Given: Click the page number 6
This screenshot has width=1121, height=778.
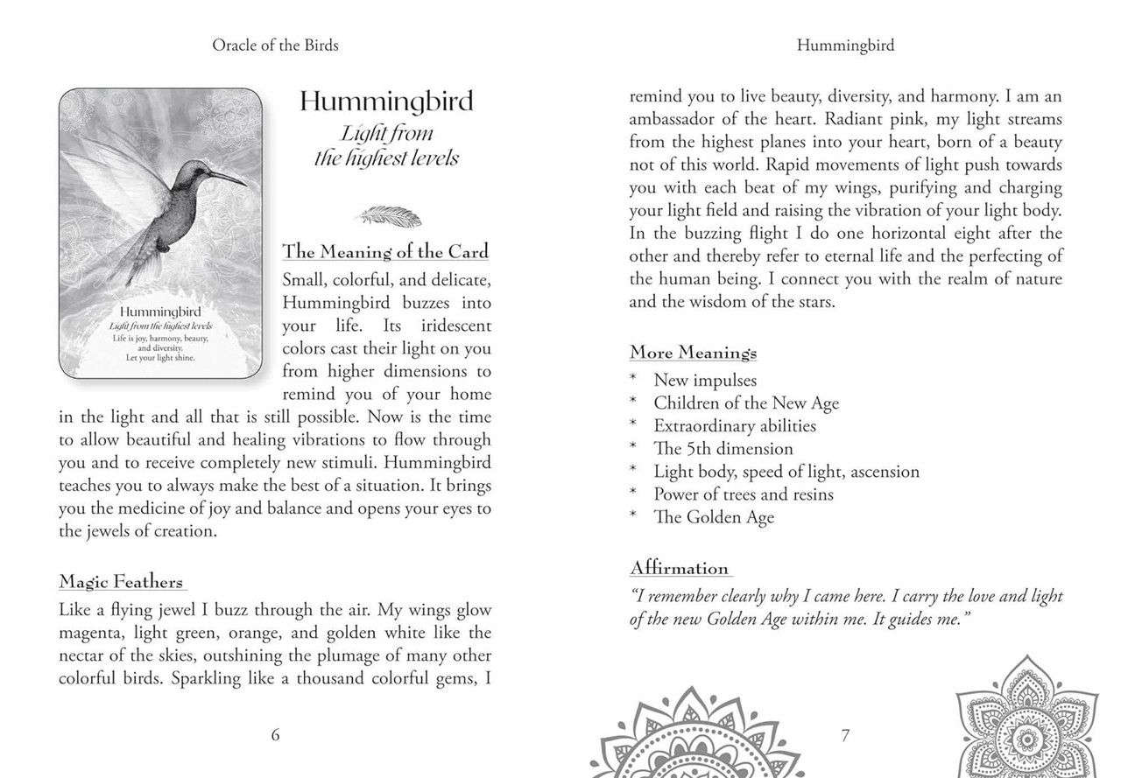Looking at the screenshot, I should click(x=276, y=735).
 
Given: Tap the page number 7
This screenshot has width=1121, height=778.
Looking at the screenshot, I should click(x=845, y=735).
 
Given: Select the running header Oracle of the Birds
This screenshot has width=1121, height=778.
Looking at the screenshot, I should click(x=275, y=46).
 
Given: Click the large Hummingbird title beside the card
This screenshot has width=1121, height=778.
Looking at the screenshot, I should click(x=386, y=102).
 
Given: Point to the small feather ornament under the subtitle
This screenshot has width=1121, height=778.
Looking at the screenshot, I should click(x=385, y=214).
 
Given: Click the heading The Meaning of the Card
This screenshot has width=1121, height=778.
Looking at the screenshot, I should click(x=385, y=252).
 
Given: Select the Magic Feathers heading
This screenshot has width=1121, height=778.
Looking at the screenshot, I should click(x=122, y=582).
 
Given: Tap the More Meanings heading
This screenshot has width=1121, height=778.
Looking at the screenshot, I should click(x=694, y=353).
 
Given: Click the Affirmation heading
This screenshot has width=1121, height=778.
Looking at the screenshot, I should click(x=680, y=568).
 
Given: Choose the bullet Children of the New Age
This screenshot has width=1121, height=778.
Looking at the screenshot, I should click(x=746, y=403).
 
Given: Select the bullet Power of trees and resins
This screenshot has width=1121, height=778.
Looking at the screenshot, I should click(x=744, y=494).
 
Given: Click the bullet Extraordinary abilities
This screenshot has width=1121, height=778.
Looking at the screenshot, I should click(x=735, y=426).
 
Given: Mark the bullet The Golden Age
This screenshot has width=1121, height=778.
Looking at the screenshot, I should click(x=714, y=517).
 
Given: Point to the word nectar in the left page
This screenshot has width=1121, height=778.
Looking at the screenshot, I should click(x=84, y=655).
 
